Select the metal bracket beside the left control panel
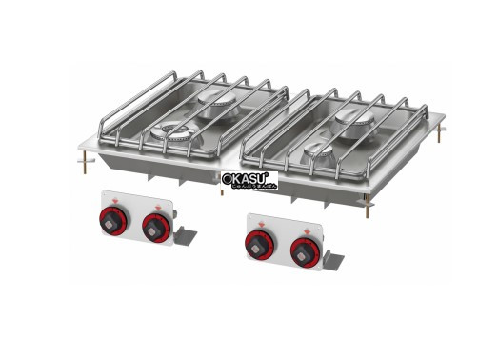click(189, 232)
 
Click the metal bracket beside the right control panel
click(336, 257)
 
